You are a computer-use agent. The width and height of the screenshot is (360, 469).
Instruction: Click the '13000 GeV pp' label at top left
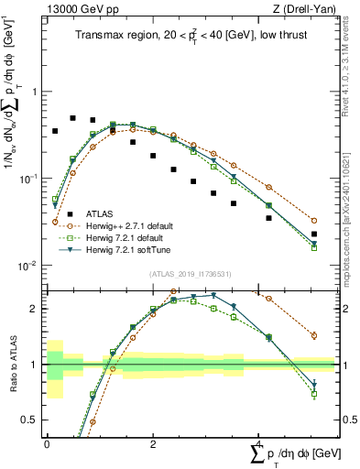click(80, 10)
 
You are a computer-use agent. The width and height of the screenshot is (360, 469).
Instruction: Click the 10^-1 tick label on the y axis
click(28, 179)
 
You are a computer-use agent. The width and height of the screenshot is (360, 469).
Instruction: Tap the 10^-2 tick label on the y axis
click(28, 266)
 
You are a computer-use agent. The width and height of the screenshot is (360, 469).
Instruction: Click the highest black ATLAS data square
click(73, 118)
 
